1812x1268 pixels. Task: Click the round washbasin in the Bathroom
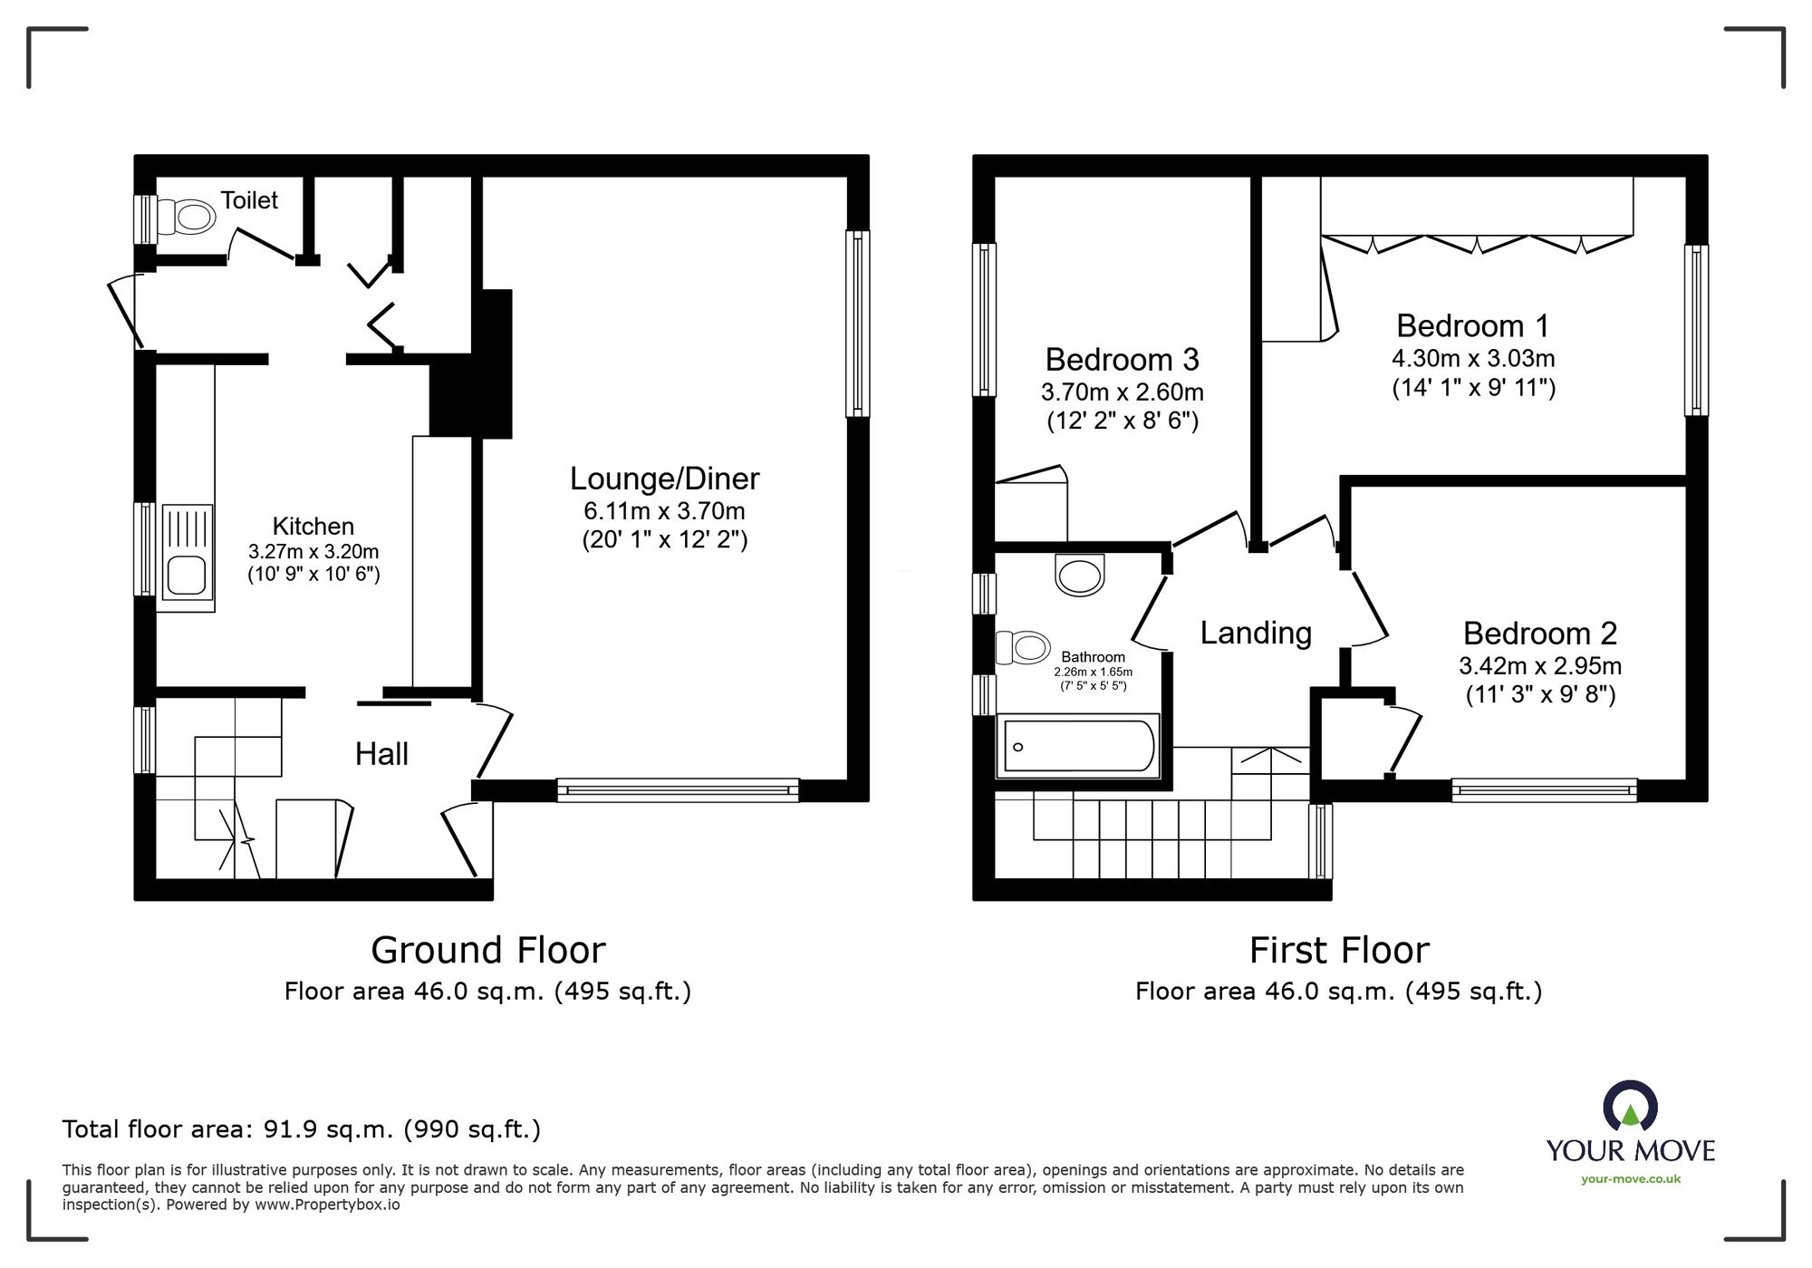tap(1080, 575)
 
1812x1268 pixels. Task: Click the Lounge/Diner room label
tap(664, 479)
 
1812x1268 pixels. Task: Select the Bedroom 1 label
tap(1472, 325)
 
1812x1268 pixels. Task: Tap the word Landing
tap(1256, 633)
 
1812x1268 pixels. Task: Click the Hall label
tap(381, 754)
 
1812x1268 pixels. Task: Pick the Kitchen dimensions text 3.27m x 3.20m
tap(313, 551)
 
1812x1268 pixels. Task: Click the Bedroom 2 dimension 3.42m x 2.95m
tap(1539, 666)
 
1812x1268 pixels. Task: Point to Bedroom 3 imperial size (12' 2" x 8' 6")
tap(1123, 421)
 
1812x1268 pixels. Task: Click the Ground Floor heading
tap(487, 950)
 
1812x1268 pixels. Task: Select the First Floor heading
tap(1339, 950)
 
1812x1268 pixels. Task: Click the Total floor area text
tap(301, 1129)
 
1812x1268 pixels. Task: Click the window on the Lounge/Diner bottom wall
tap(678, 790)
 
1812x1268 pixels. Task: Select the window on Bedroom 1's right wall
tap(1696, 331)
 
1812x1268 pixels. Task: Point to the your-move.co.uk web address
tap(1630, 1179)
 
